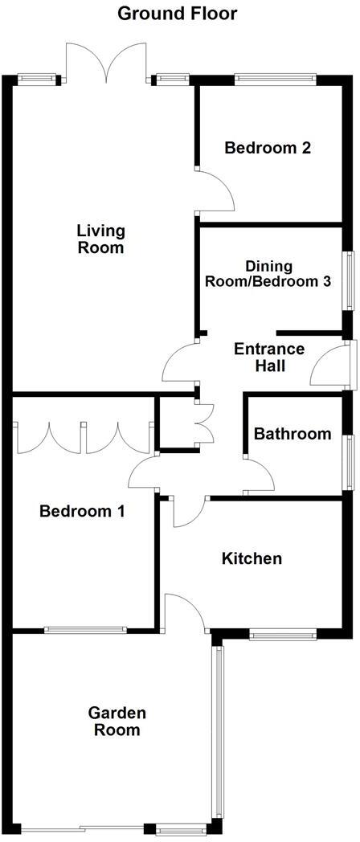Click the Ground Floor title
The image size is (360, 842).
click(x=178, y=14)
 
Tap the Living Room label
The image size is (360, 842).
click(x=100, y=239)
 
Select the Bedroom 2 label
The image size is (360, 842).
click(x=256, y=148)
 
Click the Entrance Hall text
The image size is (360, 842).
click(x=268, y=358)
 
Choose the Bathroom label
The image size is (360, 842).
click(x=292, y=434)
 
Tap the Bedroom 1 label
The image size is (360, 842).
click(x=82, y=511)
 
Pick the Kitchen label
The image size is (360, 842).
click(x=252, y=558)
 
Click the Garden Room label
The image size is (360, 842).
click(x=117, y=721)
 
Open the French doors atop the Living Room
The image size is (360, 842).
click(x=106, y=63)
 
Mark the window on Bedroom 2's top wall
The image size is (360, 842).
click(x=275, y=79)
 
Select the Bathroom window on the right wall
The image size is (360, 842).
click(x=349, y=462)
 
